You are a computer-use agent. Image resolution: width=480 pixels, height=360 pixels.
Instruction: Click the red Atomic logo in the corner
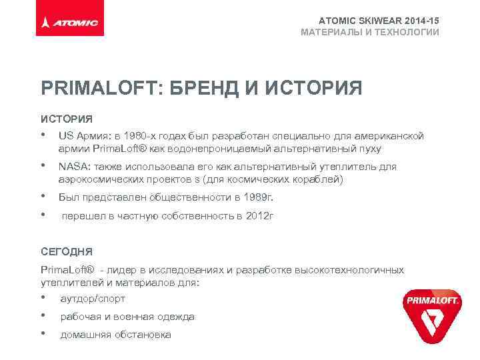(x=69, y=23)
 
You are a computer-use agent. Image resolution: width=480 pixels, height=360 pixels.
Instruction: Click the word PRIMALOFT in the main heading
(x=96, y=89)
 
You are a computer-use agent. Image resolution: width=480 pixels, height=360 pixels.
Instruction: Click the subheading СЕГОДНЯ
(x=67, y=252)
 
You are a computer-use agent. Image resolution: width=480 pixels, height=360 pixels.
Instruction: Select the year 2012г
(x=259, y=216)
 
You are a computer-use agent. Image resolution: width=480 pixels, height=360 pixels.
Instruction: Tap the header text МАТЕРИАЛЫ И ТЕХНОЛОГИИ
(x=370, y=32)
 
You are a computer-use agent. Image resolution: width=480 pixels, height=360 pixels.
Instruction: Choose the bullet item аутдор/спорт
(x=93, y=299)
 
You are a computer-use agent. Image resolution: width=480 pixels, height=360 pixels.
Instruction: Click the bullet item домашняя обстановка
(x=116, y=335)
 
